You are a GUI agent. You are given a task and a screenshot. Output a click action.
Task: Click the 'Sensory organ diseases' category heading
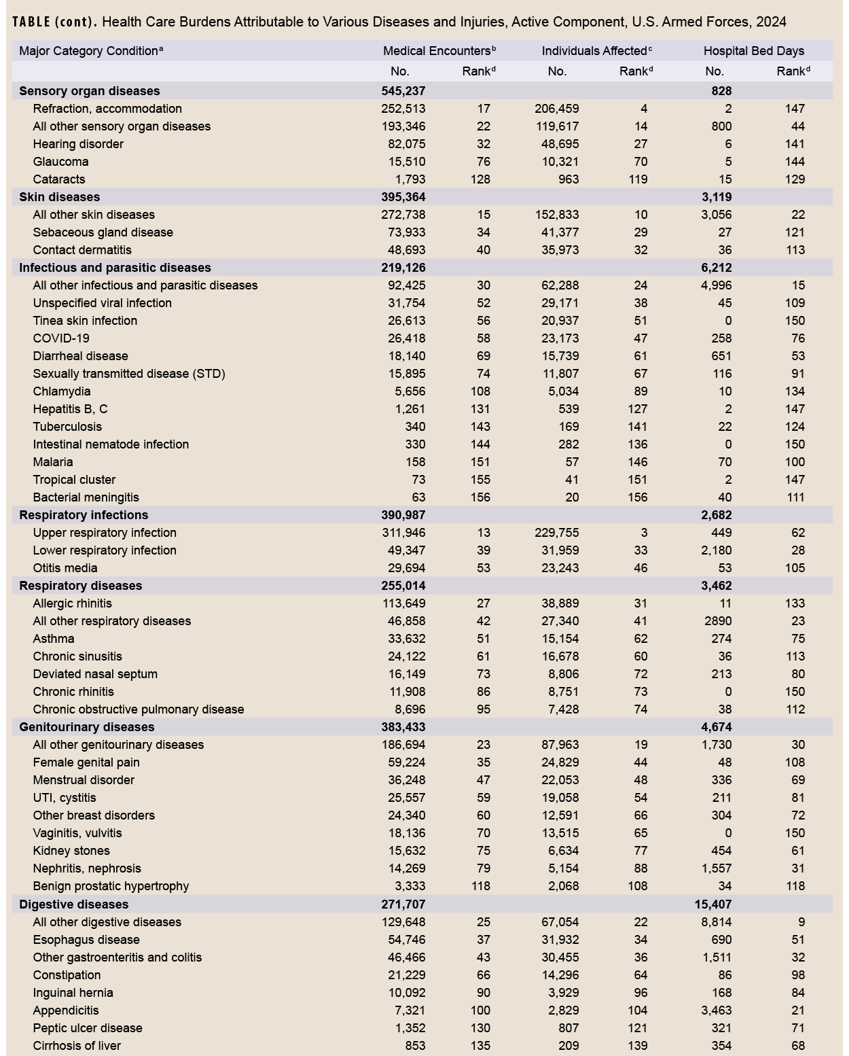[90, 91]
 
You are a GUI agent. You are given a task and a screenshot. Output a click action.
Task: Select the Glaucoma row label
[60, 162]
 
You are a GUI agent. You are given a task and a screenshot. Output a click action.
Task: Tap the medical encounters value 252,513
[403, 109]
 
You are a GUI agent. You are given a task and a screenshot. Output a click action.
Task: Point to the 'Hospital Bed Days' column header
[753, 51]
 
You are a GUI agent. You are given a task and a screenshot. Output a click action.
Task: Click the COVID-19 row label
[61, 338]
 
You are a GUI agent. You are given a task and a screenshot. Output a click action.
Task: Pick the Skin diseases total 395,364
[403, 197]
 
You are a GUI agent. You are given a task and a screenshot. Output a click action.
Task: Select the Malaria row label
[53, 462]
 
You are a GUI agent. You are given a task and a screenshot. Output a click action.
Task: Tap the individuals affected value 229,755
[557, 533]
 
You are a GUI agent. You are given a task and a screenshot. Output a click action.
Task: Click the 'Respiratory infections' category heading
[84, 515]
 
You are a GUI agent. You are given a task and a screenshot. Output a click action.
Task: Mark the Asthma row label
[54, 639]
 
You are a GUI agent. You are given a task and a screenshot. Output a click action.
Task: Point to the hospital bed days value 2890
[717, 621]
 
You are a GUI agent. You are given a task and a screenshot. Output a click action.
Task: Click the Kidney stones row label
[71, 851]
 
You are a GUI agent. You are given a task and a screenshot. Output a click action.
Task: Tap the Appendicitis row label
[66, 1010]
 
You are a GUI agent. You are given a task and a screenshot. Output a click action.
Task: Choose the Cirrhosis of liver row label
[77, 1046]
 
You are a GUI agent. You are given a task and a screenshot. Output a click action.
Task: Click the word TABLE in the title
[31, 22]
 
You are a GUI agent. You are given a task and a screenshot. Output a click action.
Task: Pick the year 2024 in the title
[771, 22]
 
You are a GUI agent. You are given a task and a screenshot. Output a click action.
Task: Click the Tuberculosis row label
[67, 427]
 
